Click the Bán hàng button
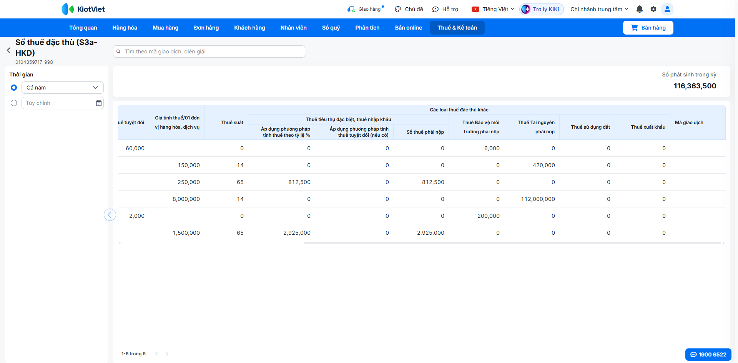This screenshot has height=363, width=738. [x=648, y=28]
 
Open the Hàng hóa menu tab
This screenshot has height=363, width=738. [x=125, y=28]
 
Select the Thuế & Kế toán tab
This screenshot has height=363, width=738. [x=457, y=28]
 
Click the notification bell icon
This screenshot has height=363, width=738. [x=640, y=9]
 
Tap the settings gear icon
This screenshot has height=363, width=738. [x=653, y=9]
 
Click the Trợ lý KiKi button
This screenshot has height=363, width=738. [x=542, y=9]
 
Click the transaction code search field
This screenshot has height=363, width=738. [x=209, y=51]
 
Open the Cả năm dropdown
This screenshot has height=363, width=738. [x=63, y=88]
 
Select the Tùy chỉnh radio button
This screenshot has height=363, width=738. [x=14, y=103]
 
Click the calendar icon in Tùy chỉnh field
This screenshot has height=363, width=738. [x=99, y=103]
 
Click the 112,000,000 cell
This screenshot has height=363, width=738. [x=538, y=199]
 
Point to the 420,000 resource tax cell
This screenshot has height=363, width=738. [x=544, y=165]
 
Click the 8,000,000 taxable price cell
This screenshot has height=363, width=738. [x=186, y=199]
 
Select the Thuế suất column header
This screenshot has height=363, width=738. [x=232, y=123]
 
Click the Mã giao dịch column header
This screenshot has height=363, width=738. [x=689, y=123]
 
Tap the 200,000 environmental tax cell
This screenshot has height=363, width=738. [x=489, y=216]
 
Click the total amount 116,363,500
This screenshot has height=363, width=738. [x=695, y=86]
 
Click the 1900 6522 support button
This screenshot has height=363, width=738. [x=708, y=355]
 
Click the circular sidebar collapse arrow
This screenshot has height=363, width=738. [x=110, y=215]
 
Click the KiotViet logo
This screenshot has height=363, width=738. [x=83, y=9]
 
